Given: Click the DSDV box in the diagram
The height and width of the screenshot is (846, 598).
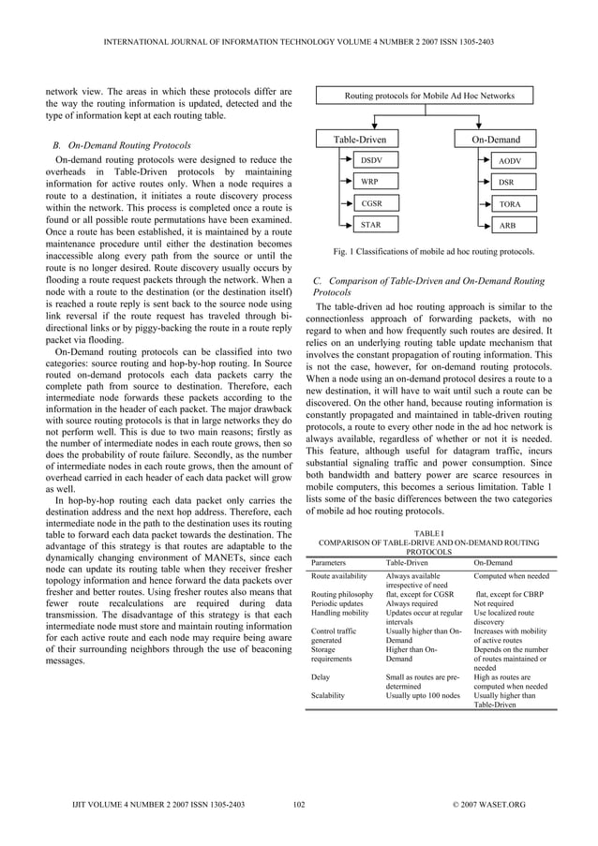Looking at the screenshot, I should [371, 161].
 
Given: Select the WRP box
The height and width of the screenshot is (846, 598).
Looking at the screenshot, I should [371, 182].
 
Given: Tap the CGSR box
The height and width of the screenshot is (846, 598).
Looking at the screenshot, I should [371, 203].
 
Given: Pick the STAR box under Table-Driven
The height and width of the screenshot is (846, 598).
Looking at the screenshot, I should [371, 225].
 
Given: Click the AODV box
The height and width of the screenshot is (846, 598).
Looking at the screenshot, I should [510, 161].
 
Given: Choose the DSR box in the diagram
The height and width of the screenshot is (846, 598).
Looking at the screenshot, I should [506, 182].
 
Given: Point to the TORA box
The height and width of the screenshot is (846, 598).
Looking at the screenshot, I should [510, 203].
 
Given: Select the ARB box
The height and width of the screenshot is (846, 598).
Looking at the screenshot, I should [506, 225].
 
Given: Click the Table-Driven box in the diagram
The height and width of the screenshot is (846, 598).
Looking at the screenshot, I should [360, 140].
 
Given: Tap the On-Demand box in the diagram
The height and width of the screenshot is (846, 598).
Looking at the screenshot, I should [495, 140].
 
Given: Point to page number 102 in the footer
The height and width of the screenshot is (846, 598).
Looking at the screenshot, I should [299, 805].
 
